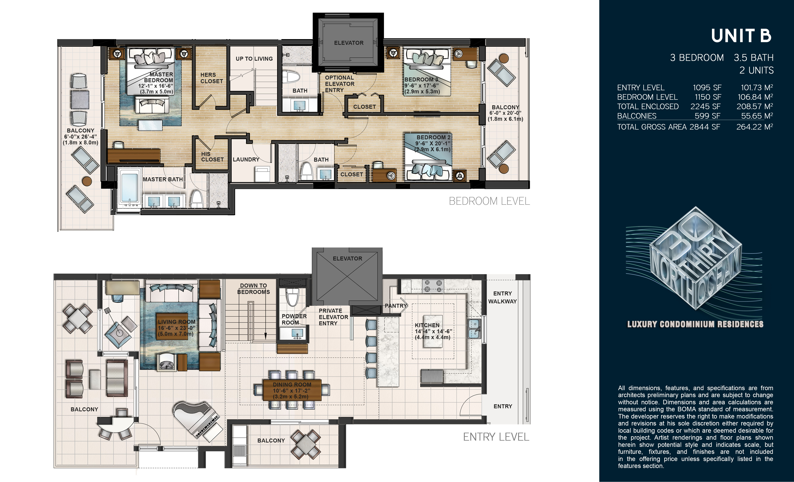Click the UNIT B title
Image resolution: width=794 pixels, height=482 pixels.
(x=741, y=36)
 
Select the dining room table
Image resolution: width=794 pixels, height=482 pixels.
(x=292, y=390)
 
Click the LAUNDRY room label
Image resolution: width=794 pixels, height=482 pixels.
(x=246, y=160)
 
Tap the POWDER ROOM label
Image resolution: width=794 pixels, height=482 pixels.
(x=294, y=319)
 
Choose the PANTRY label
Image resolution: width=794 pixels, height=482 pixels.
(x=396, y=306)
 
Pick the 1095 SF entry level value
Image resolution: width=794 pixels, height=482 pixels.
(x=707, y=88)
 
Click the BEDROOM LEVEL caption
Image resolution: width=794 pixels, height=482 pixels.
(x=489, y=201)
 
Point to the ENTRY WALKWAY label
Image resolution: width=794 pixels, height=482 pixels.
(x=502, y=297)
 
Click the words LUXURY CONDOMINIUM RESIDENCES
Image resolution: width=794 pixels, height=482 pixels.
(x=695, y=324)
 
